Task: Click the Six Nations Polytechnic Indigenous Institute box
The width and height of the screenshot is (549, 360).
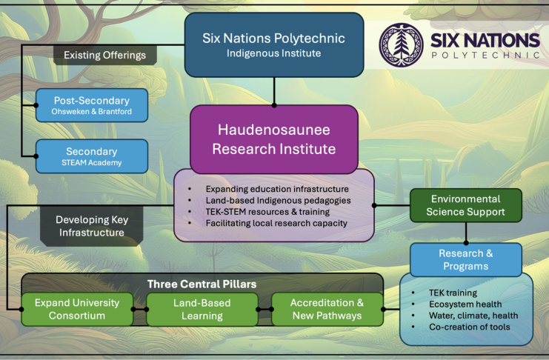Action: point(274,45)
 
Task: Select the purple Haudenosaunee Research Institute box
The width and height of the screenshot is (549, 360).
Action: point(274,139)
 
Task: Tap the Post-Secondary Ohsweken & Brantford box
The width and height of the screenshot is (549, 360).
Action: point(92,105)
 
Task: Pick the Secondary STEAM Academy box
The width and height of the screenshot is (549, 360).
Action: point(92,156)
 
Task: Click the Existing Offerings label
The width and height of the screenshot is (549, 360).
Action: point(104,55)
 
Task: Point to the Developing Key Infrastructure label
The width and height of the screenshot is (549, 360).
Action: point(92,226)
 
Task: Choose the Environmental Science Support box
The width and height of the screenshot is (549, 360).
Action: point(466,205)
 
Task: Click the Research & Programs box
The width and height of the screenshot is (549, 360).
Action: point(466,259)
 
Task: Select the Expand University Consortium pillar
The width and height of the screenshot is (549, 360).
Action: point(77,309)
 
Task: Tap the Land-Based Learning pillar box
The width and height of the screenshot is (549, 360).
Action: point(202,309)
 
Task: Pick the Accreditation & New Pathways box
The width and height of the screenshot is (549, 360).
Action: point(327,309)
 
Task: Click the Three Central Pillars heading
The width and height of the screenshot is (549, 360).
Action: point(202,284)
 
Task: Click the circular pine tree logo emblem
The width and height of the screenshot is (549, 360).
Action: point(402,45)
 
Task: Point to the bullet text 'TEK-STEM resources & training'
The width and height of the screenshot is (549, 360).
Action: point(267,212)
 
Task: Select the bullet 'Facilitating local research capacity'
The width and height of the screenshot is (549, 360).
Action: point(276,223)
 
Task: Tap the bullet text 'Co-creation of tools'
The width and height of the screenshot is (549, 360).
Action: point(470,327)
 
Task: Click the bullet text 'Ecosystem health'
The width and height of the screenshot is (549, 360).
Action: point(465,304)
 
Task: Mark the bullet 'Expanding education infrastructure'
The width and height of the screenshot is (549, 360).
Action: point(277,189)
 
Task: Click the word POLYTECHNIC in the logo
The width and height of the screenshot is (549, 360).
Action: point(485,56)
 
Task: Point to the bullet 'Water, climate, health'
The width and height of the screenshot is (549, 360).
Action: point(473,316)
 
